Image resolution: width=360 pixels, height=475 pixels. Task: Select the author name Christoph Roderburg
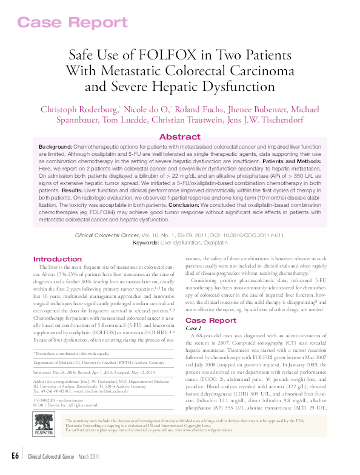point(78,110)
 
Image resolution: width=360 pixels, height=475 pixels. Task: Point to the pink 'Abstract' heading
point(179,137)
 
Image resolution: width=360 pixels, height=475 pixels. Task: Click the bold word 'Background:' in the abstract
point(55,147)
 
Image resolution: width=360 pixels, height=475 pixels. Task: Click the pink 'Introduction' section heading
point(58,258)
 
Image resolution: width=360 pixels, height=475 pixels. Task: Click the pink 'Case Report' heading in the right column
point(210,320)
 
